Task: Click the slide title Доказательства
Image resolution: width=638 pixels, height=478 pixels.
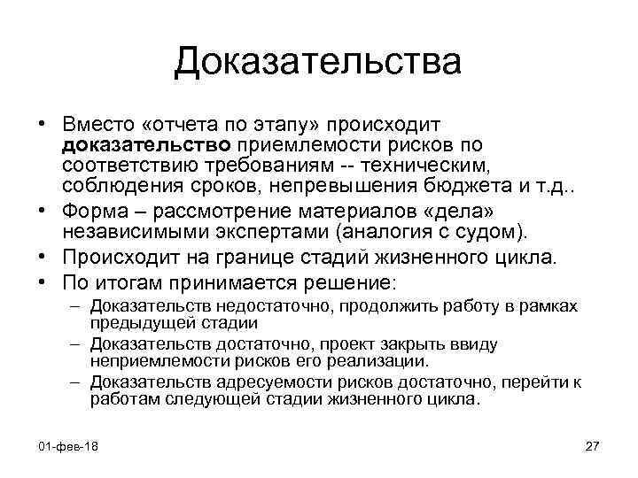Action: (x=318, y=62)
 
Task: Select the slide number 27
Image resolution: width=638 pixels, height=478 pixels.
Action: (x=593, y=444)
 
